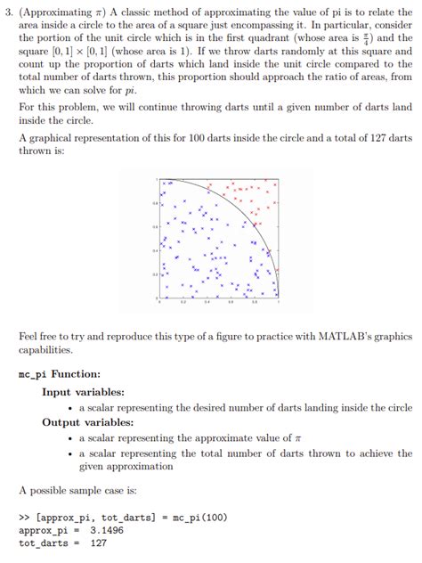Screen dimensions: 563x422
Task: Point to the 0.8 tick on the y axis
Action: point(154,203)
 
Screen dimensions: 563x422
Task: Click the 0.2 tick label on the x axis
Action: point(183,302)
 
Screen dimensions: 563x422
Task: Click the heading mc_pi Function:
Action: point(60,374)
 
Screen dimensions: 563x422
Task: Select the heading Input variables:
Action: point(83,391)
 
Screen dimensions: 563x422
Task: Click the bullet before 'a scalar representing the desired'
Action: point(70,407)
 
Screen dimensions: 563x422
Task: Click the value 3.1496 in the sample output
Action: point(107,529)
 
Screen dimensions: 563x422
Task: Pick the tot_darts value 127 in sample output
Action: point(99,543)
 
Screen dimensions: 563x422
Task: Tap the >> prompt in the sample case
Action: point(25,516)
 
